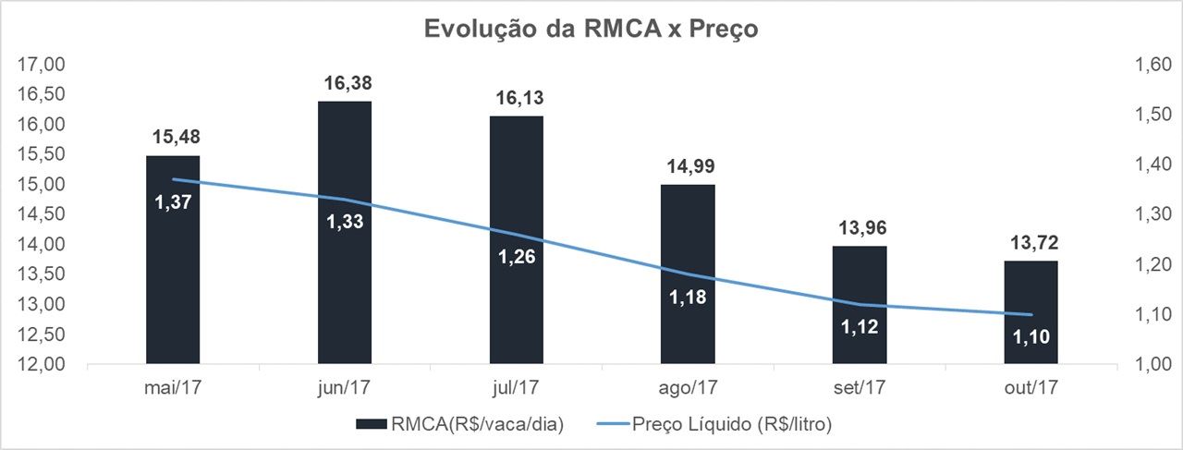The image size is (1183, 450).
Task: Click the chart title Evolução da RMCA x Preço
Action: click(591, 29)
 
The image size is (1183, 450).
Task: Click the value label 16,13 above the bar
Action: click(517, 97)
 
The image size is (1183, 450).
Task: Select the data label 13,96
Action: click(860, 227)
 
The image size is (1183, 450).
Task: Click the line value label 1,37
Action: click(173, 201)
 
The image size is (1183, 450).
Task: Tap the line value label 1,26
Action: click(517, 256)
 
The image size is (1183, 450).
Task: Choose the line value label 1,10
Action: click(1031, 336)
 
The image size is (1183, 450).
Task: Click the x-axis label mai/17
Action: click(173, 387)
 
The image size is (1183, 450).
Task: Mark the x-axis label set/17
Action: click(860, 387)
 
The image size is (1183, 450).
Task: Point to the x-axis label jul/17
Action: click(517, 387)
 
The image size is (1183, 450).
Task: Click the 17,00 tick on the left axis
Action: click(36, 65)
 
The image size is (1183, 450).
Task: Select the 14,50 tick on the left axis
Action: click(36, 214)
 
